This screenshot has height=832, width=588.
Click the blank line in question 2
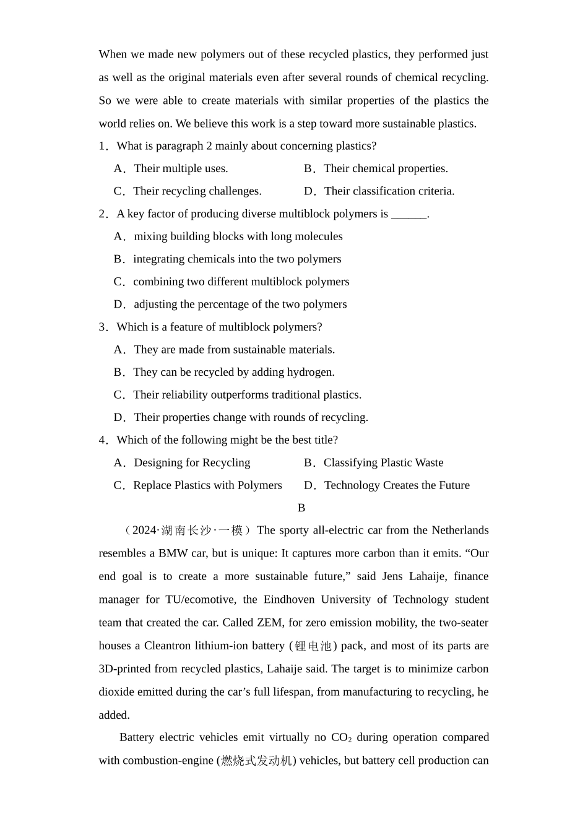click(409, 214)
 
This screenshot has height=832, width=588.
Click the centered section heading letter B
click(301, 508)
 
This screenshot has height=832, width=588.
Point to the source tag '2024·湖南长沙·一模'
click(188, 531)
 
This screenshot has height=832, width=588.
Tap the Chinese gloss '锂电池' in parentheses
click(313, 646)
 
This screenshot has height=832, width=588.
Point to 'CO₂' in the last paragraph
click(341, 737)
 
